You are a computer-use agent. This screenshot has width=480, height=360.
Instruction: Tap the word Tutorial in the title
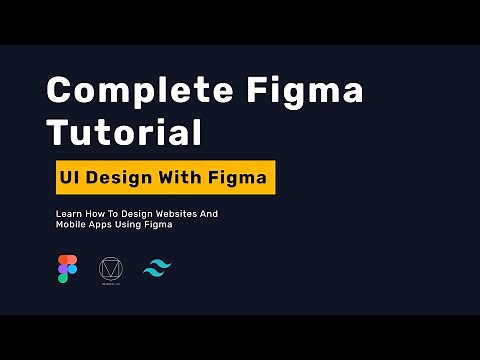coord(124,133)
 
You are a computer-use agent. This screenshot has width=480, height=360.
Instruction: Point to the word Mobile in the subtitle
coord(72,225)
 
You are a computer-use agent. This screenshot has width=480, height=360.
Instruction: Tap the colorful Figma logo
coord(67,270)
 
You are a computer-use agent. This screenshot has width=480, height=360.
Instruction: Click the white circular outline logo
coord(110,270)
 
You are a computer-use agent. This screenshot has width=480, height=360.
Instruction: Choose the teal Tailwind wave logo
coord(157,270)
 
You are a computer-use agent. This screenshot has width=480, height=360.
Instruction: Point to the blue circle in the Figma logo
coord(72,270)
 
